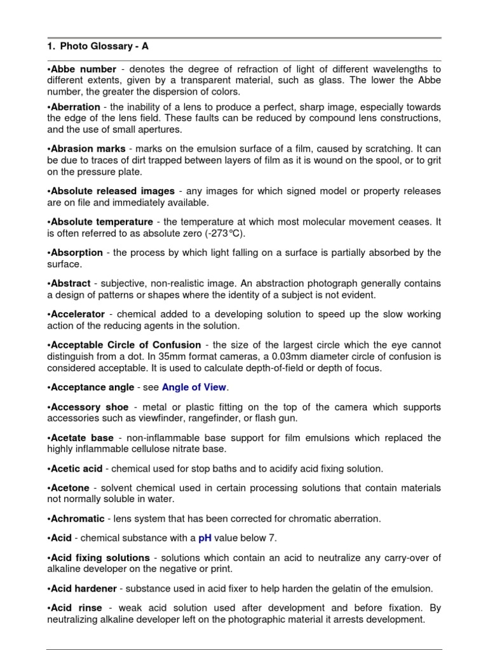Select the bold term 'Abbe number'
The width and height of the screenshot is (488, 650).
(x=83, y=69)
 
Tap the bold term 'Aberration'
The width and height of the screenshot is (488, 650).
(x=76, y=107)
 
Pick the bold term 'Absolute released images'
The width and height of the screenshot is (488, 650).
(x=112, y=191)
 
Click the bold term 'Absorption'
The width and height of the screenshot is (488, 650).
(x=76, y=253)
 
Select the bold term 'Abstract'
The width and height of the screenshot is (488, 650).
(x=71, y=283)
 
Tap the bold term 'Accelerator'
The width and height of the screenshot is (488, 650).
(x=78, y=315)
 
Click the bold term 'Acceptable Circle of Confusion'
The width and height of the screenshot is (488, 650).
(x=126, y=345)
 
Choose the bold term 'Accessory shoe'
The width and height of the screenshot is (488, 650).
(x=90, y=407)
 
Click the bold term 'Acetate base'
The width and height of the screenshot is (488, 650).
(x=83, y=438)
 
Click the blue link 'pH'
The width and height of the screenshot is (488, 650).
(x=205, y=538)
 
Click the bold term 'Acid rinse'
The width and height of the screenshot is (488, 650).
(x=76, y=607)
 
